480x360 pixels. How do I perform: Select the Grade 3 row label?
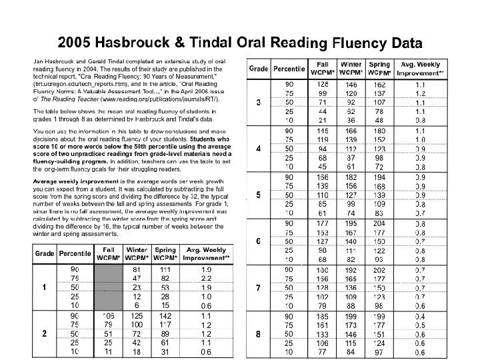click(258, 103)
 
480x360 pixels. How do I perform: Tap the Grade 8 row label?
click(258, 333)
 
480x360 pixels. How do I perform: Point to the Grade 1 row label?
click(44, 287)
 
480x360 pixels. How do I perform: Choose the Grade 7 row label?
click(258, 287)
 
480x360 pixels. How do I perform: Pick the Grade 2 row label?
click(44, 333)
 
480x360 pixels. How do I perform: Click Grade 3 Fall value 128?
click(323, 85)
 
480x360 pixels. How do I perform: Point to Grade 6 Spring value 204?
click(379, 223)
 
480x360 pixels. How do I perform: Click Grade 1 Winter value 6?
click(137, 305)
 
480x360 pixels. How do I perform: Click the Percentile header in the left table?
click(74, 254)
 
